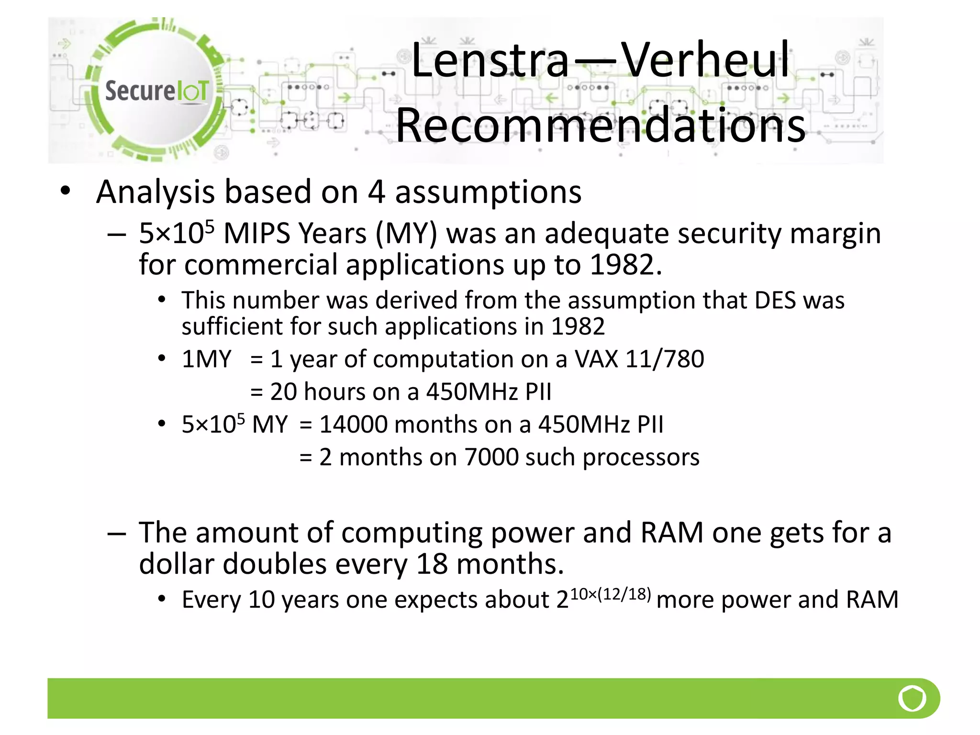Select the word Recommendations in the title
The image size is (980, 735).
point(601,125)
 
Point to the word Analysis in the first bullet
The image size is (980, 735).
point(156,192)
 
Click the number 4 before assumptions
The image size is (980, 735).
point(377,192)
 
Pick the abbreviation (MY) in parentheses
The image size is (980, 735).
point(406,234)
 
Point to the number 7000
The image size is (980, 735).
point(491,457)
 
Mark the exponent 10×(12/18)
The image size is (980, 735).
point(611,594)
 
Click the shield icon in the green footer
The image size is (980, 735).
point(912,698)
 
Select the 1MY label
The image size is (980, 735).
point(206,359)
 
